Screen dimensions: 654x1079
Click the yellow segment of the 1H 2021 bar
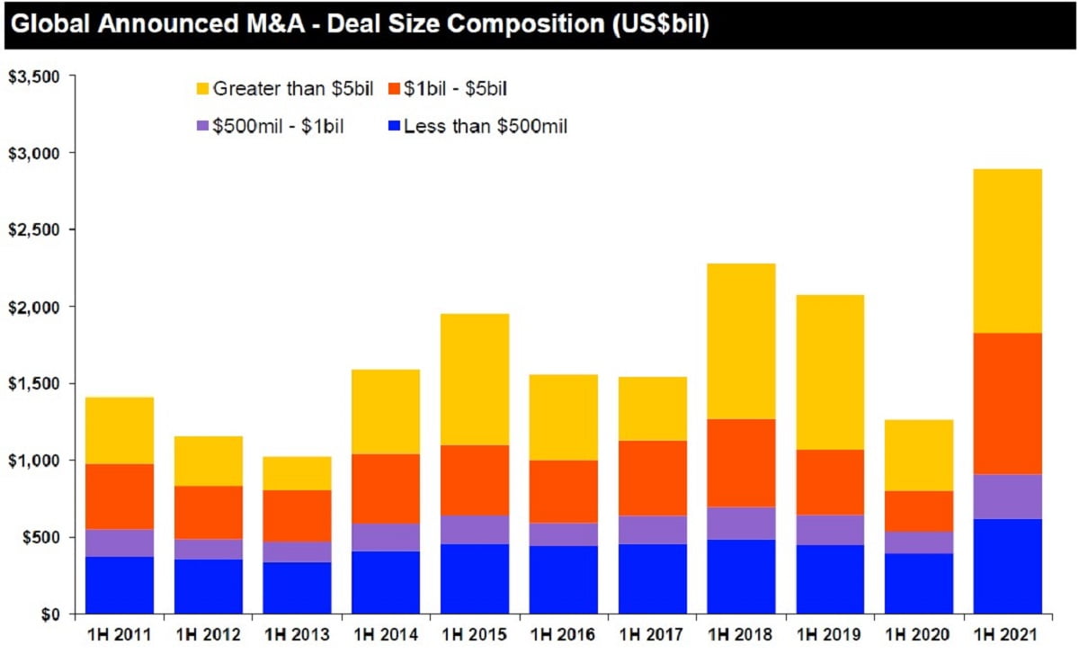click(x=1007, y=251)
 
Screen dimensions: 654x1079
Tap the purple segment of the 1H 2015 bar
click(x=475, y=529)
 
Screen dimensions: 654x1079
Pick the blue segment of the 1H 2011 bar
click(x=119, y=585)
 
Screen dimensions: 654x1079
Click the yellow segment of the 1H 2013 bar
click(x=297, y=472)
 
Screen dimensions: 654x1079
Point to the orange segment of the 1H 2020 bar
click(x=918, y=511)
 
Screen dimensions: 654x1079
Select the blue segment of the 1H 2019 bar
click(x=830, y=579)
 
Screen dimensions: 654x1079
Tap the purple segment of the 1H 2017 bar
click(x=652, y=530)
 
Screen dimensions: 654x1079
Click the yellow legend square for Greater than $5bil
click(x=201, y=89)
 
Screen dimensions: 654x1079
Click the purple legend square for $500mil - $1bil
click(x=201, y=127)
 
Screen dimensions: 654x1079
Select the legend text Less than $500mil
click(x=486, y=127)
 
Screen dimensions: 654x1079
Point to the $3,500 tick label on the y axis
click(x=32, y=77)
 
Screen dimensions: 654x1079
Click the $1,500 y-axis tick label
click(x=32, y=384)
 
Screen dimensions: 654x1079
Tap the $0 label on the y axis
click(x=50, y=614)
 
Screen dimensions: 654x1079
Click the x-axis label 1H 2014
click(x=386, y=635)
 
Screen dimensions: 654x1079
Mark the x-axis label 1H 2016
click(x=563, y=635)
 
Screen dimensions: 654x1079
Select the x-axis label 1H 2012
click(x=208, y=635)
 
